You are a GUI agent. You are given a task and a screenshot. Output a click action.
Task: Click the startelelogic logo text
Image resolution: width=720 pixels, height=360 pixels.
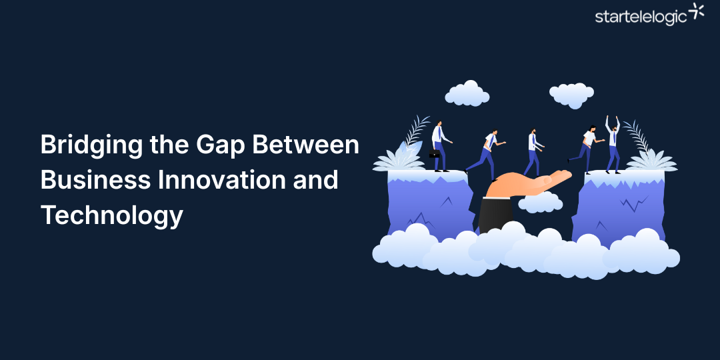pyautogui.click(x=641, y=17)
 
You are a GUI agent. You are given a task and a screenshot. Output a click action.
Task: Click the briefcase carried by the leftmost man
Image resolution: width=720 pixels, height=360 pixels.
pyautogui.click(x=434, y=154)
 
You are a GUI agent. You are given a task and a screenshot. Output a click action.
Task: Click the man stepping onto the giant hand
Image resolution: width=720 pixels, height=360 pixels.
pyautogui.click(x=487, y=153)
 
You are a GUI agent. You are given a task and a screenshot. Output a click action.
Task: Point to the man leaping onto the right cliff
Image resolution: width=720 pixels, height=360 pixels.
pyautogui.click(x=586, y=148)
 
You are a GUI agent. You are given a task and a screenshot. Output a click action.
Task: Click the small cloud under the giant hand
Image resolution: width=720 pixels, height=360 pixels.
pyautogui.click(x=540, y=203)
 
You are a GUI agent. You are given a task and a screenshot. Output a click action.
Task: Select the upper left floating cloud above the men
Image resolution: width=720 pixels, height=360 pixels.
pyautogui.click(x=467, y=94)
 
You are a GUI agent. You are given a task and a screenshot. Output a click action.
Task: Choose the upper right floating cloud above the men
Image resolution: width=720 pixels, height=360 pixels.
pyautogui.click(x=571, y=95)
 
